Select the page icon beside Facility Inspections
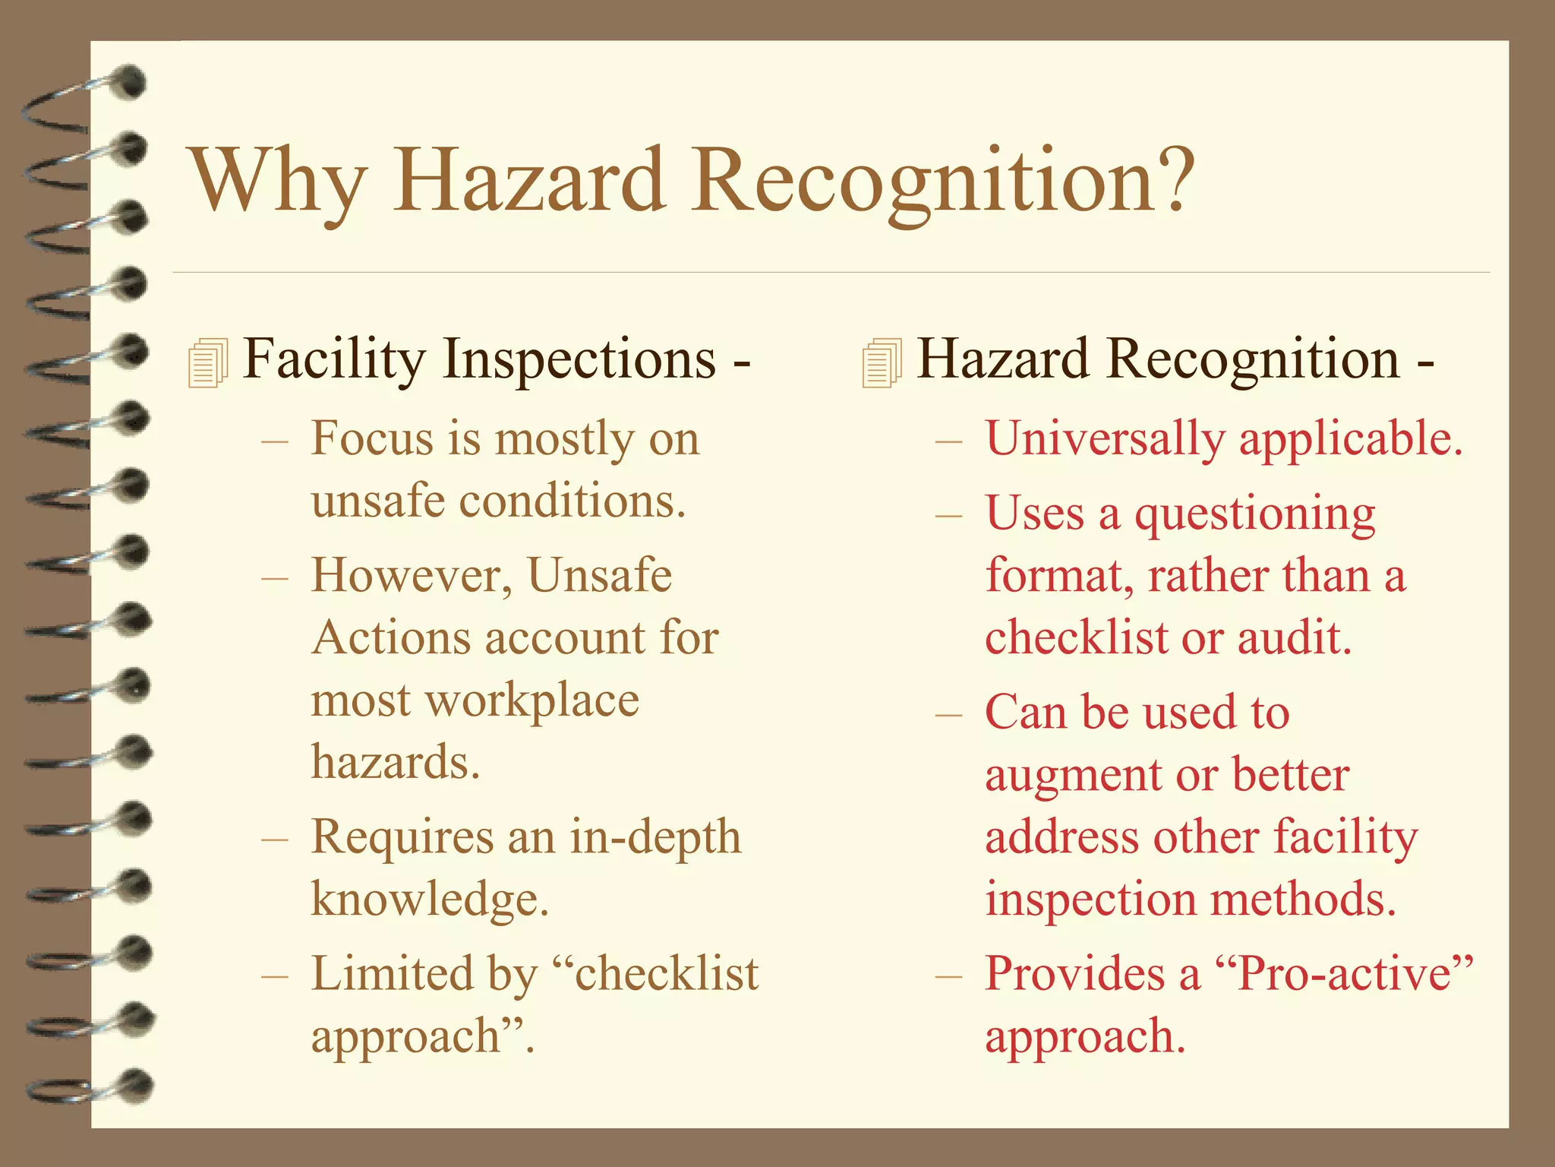[207, 363]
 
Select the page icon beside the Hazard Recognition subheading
[882, 363]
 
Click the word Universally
[1105, 439]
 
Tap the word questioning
[1254, 515]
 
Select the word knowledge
[429, 900]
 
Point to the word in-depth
[655, 837]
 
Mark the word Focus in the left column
[370, 439]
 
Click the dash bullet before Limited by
[273, 975]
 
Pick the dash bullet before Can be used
[948, 715]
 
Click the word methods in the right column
[1303, 900]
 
